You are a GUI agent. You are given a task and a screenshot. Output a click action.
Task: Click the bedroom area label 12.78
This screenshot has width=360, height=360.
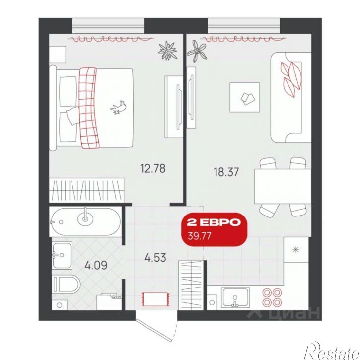(152, 168)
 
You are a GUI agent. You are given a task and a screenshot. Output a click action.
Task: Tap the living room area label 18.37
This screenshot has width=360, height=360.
(226, 172)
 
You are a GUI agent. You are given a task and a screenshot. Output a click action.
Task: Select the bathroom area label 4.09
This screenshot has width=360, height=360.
(96, 265)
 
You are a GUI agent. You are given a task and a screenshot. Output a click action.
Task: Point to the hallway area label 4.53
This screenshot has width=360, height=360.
(155, 258)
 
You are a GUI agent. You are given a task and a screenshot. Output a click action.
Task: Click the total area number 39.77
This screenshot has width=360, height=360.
(199, 236)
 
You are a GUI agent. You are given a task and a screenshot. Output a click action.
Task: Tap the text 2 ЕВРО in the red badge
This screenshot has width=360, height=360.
(214, 222)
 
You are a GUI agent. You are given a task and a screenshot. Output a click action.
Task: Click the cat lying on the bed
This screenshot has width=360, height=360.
(119, 107)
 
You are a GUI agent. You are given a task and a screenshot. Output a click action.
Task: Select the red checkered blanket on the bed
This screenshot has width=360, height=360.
(89, 108)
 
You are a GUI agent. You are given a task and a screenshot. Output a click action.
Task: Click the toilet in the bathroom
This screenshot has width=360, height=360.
(66, 285)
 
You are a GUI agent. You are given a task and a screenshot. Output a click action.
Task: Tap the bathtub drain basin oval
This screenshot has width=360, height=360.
(85, 218)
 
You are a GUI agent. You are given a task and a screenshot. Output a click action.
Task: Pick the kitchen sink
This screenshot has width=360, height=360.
(235, 297)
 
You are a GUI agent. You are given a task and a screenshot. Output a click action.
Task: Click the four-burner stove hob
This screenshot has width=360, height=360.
(272, 297)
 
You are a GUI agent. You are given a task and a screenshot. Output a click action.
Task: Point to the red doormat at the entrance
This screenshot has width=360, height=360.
(155, 299)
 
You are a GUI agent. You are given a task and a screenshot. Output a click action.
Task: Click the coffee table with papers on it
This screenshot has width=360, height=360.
(245, 97)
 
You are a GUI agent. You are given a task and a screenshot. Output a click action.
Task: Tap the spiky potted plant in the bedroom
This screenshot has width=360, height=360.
(168, 51)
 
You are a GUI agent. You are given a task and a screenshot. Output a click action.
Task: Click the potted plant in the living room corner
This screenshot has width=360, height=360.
(197, 51)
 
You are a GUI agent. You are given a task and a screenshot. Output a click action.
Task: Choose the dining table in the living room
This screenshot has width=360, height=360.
(283, 186)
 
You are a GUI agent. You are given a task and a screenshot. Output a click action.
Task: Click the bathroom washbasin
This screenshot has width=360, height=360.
(62, 255)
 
